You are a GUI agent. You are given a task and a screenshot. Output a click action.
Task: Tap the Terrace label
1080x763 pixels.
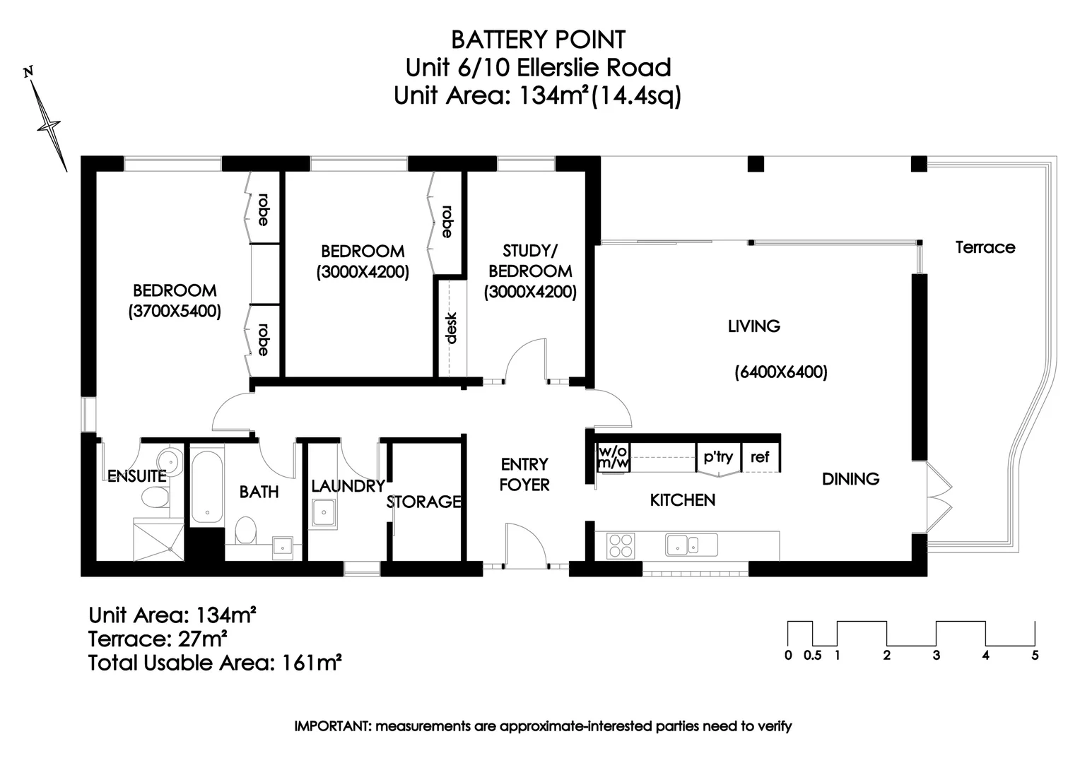985,247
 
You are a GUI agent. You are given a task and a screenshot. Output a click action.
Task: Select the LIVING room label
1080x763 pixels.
753,326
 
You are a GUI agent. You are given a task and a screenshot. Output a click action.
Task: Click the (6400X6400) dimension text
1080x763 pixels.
780,372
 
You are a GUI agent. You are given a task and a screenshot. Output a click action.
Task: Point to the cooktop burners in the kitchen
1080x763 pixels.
621,546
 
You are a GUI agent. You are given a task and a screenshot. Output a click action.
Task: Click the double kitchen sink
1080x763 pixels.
691,545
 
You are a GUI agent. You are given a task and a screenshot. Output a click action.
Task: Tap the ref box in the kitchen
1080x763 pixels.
760,457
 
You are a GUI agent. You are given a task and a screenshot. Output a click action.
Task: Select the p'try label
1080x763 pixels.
718,457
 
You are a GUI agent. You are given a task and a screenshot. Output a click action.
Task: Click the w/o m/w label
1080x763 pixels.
614,457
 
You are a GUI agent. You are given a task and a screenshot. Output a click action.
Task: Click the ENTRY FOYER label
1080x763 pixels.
524,474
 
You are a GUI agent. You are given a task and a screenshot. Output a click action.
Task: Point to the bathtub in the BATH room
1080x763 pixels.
206,486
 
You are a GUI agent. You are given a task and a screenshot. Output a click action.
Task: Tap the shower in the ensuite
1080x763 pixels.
159,540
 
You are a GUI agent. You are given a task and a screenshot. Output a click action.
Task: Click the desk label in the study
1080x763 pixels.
451,328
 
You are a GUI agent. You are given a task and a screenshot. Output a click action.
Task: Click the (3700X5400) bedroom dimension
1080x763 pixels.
175,311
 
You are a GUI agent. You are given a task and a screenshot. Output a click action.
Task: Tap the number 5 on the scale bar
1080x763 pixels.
1035,656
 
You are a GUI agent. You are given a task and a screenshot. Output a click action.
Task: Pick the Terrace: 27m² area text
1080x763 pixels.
157,639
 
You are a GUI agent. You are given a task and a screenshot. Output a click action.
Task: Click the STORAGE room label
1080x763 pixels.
423,502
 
